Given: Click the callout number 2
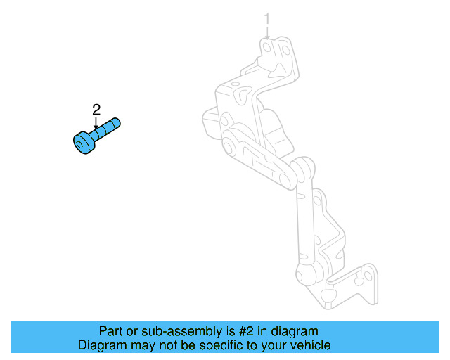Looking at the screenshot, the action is click(x=96, y=109).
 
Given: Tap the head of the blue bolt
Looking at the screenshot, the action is click(x=84, y=142).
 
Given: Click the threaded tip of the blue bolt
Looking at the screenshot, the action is click(x=116, y=123).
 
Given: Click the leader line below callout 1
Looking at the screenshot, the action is click(x=267, y=32).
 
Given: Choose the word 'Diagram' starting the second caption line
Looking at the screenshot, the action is click(x=101, y=345).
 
